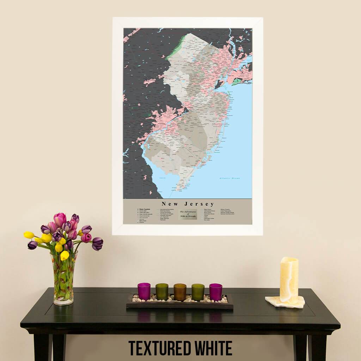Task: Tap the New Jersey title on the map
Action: point(188,204)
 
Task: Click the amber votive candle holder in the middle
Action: point(180,292)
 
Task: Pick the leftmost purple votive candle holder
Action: point(144,291)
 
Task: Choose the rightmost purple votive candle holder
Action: point(216,292)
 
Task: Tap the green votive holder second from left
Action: point(162,292)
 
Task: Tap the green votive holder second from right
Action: point(198,292)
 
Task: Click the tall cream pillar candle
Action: point(289,279)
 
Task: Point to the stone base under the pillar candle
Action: point(285,302)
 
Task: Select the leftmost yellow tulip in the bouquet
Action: point(29,235)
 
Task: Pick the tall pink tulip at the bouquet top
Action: point(60,219)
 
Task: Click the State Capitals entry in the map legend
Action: point(145,209)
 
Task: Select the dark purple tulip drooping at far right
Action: point(97,243)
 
